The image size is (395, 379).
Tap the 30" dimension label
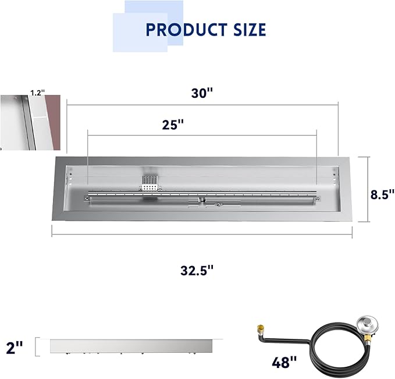click(202, 93)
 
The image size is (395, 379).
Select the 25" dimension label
click(173, 125)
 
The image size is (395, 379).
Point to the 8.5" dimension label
click(382, 194)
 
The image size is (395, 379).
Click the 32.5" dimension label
click(197, 271)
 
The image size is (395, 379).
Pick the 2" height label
click(15, 348)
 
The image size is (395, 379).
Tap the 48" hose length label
click(284, 362)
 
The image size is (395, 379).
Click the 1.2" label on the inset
click(38, 93)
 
